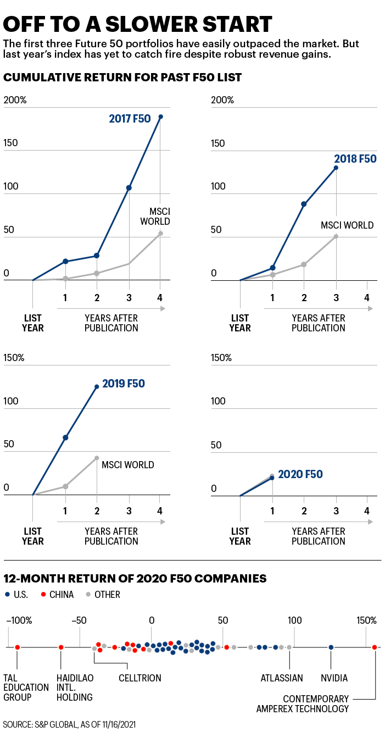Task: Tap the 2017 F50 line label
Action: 130,118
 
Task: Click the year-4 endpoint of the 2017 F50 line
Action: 160,117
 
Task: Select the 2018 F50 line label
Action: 355,159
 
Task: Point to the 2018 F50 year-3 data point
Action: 336,168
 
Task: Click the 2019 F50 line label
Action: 124,384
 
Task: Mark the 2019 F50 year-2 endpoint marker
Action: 97,386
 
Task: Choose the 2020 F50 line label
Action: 300,474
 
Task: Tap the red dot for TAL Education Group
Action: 18,647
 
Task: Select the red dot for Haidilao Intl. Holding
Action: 61,647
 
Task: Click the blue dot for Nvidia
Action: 331,647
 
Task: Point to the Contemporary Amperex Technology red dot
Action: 375,647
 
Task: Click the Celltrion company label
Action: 140,678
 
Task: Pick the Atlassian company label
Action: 282,678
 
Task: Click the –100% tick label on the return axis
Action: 20,620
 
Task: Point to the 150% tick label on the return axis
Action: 366,620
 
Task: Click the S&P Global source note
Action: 69,725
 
